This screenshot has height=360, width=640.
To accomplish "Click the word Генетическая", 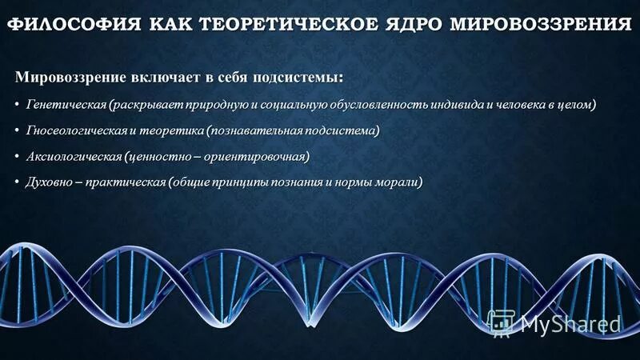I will (66, 105).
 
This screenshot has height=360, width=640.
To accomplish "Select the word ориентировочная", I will (255, 155).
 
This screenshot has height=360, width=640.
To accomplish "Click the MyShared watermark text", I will (570, 324).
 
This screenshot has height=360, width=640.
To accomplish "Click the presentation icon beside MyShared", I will (501, 323).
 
